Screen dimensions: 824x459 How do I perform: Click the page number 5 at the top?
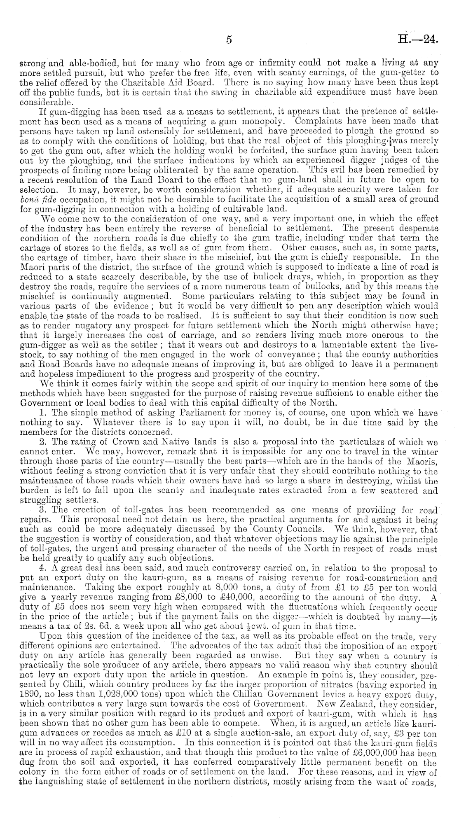point(229,40)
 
